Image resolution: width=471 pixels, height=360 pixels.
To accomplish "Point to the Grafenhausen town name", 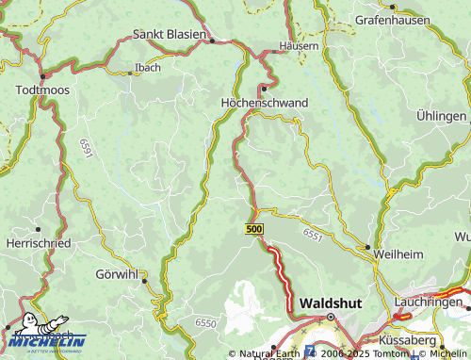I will point(392,19).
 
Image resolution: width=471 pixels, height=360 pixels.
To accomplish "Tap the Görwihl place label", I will point(117,276).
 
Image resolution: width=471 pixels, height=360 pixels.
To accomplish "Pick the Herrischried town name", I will point(38,242).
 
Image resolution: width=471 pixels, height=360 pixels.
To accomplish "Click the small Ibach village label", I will point(148,68).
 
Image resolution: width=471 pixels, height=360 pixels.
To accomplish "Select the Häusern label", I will point(299,46).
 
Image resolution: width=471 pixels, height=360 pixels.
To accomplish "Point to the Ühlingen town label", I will point(441,116).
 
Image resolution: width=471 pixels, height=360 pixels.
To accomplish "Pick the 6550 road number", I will point(206,322).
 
